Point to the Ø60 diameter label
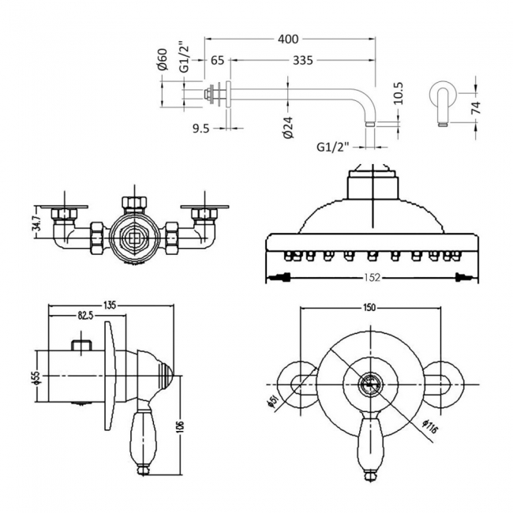click(163, 60)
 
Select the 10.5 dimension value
click(398, 94)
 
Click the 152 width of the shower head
click(369, 277)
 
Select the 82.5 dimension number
click(87, 316)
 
